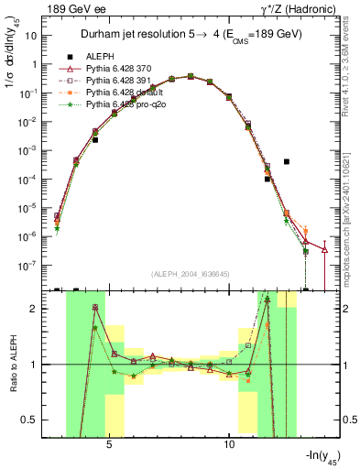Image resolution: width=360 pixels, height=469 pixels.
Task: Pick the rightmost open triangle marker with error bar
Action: click(x=325, y=249)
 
